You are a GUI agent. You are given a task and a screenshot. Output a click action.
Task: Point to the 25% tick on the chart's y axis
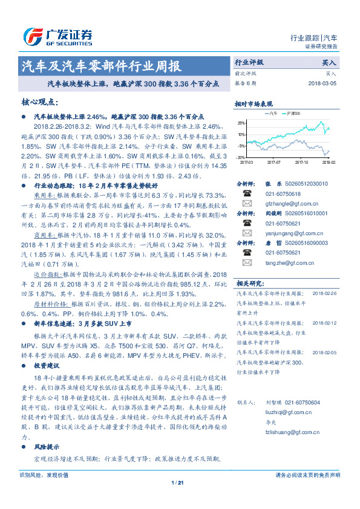[241, 123]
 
